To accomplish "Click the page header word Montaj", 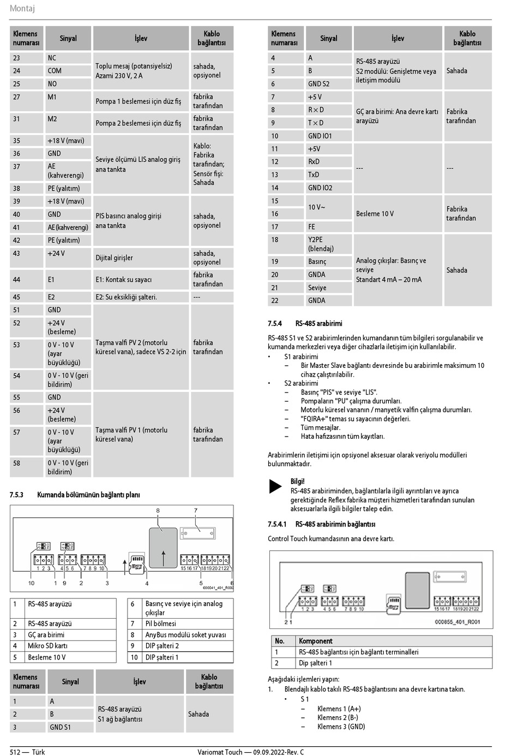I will tap(22, 8).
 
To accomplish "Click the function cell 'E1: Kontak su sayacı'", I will tap(124, 280).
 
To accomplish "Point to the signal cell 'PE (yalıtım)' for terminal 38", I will tap(64, 188).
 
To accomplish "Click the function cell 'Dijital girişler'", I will tap(114, 258).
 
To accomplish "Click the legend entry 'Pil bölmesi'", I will tap(160, 624).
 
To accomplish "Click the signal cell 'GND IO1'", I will tap(320, 136).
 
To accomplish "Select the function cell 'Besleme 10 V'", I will tap(375, 214).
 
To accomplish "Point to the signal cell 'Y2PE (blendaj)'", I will tap(321, 244).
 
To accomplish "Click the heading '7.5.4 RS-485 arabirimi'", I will tap(305, 323).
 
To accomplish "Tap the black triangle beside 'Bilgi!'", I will tap(275, 486).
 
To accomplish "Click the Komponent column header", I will tap(316, 641).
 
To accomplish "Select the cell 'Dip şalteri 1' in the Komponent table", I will tap(315, 663).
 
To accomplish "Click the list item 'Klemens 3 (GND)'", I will tap(341, 727).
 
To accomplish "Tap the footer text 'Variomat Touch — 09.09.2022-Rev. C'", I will tap(251, 752).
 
